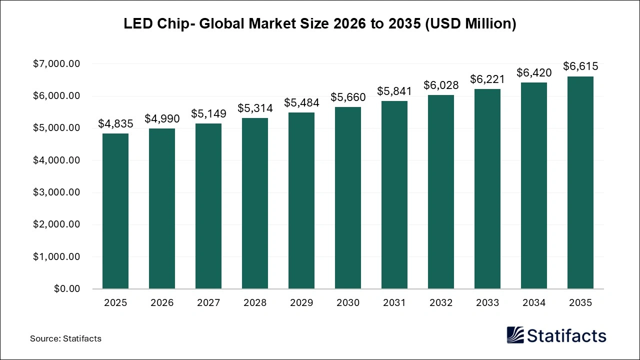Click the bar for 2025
115,211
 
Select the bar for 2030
347,198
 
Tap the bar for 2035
580,182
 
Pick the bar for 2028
255,203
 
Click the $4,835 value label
115,123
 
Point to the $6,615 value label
580,66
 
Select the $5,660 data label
347,97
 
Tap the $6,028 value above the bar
440,85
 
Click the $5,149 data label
208,113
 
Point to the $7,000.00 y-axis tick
56,64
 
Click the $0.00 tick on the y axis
67,289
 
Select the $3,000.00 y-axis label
56,192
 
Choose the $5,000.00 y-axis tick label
56,128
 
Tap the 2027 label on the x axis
208,303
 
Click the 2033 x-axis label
487,303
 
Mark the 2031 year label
394,303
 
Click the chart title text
320,23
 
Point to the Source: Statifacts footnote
65,338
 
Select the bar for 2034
533,185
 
